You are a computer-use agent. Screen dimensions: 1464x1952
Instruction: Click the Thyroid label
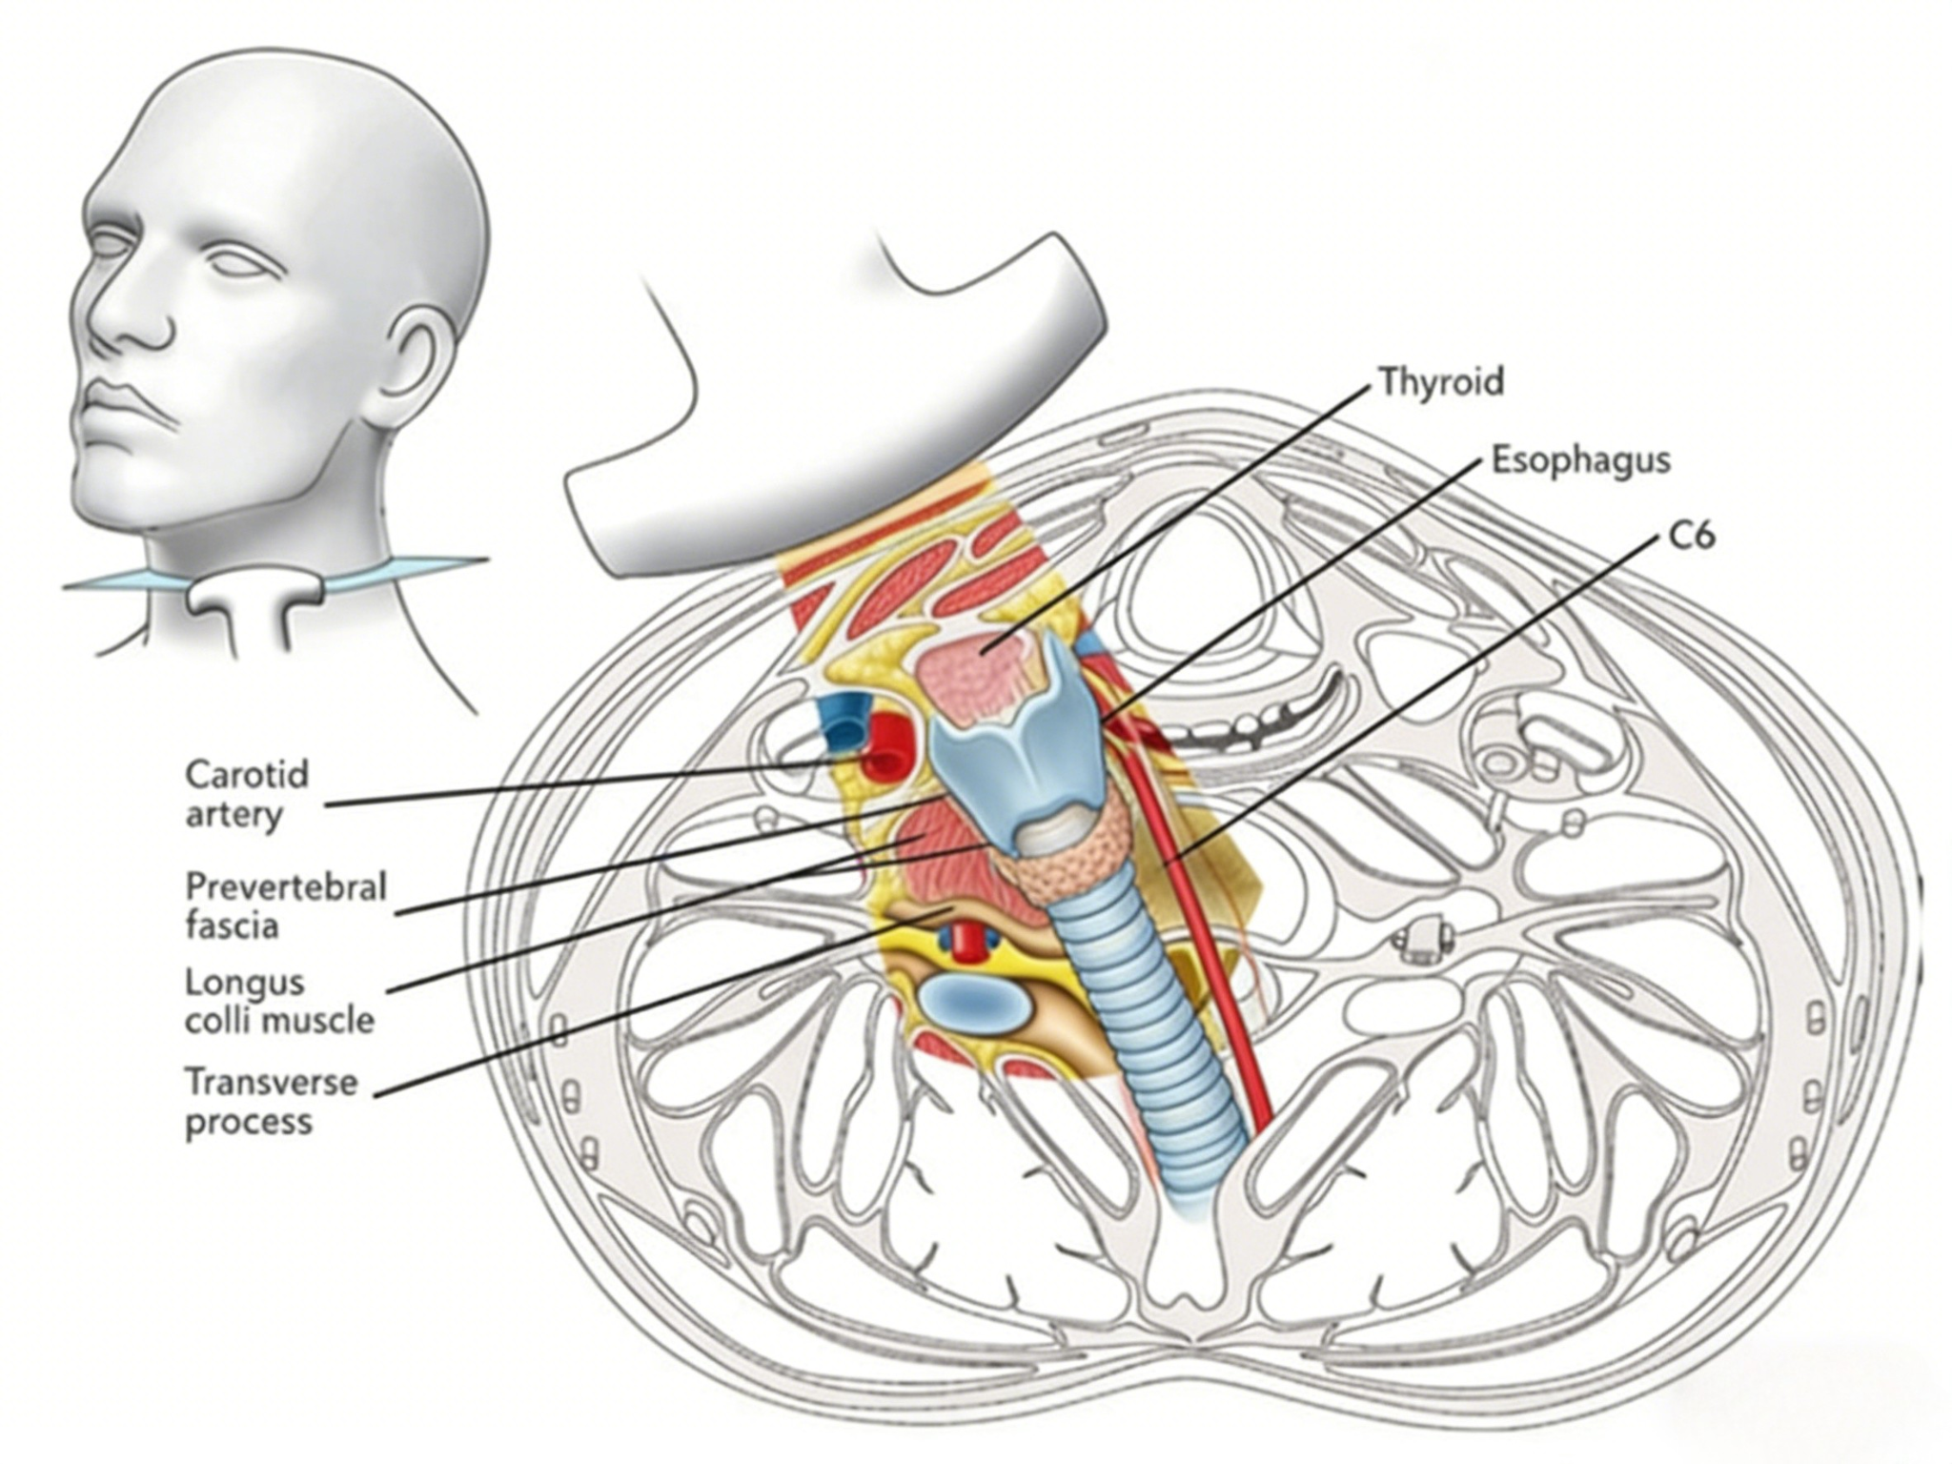pyautogui.click(x=1441, y=382)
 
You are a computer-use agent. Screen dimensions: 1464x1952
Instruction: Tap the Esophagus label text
pyautogui.click(x=1580, y=460)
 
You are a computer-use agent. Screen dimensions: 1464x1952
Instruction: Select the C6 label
pyautogui.click(x=1692, y=536)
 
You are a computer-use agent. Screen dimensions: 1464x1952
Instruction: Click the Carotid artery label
pyautogui.click(x=247, y=794)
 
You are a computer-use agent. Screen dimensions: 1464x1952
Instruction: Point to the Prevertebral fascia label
pyautogui.click(x=285, y=905)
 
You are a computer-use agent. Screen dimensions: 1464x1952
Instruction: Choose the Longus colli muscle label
pyautogui.click(x=279, y=1001)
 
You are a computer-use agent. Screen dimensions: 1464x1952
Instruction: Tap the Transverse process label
pyautogui.click(x=272, y=1101)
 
